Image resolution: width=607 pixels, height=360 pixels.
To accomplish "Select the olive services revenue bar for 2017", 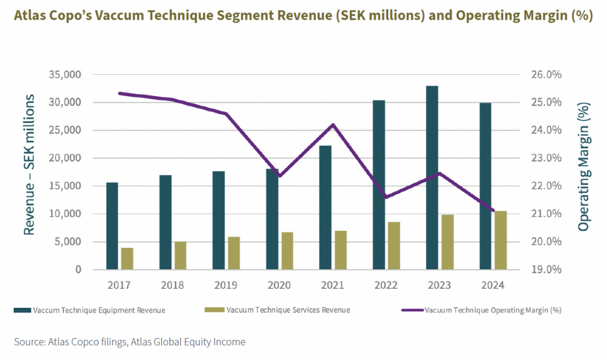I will pyautogui.click(x=127, y=259).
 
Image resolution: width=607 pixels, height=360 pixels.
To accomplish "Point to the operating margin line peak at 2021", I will pyautogui.click(x=333, y=125).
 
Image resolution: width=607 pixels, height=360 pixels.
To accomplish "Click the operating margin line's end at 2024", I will pyautogui.click(x=493, y=210).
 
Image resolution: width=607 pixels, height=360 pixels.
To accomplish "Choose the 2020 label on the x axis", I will pyautogui.click(x=279, y=285).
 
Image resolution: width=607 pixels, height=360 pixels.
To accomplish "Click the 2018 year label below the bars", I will pyautogui.click(x=172, y=285).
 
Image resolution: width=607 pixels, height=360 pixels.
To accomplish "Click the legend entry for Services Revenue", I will pyautogui.click(x=279, y=310).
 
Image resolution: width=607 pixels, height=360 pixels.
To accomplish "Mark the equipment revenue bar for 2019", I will pyautogui.click(x=218, y=221).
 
